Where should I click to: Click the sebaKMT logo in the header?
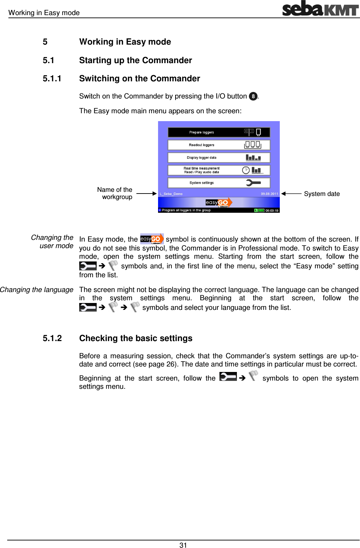[x=320, y=9]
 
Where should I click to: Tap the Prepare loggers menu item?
[x=219, y=132]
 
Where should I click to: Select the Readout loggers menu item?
[x=219, y=145]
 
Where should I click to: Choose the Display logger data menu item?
[x=219, y=158]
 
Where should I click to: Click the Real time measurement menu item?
[x=219, y=170]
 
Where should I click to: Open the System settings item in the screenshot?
[x=219, y=183]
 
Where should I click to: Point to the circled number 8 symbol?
[x=253, y=96]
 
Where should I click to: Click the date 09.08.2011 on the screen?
[x=269, y=194]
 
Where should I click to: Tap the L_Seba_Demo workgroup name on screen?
[x=171, y=194]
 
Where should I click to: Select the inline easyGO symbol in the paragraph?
[x=152, y=239]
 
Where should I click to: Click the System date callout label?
[x=322, y=194]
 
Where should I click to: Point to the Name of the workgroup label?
[x=115, y=193]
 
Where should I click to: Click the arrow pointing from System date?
[x=291, y=194]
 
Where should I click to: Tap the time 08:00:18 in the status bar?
[x=272, y=210]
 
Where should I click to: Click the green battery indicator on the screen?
[x=260, y=210]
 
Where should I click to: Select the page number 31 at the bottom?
[x=183, y=545]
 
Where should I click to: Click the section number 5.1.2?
[x=52, y=338]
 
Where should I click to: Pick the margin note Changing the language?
[x=37, y=290]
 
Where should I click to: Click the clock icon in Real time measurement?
[x=246, y=170]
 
